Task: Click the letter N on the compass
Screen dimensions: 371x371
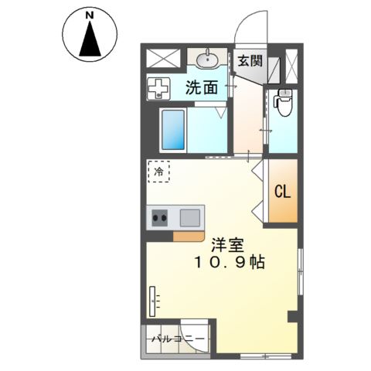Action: tap(90, 15)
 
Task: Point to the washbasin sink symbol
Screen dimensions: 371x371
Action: tap(207, 60)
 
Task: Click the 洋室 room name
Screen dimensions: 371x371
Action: tap(228, 246)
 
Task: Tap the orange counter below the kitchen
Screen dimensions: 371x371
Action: tap(189, 237)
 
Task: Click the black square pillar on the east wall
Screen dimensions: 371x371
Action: tap(293, 317)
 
